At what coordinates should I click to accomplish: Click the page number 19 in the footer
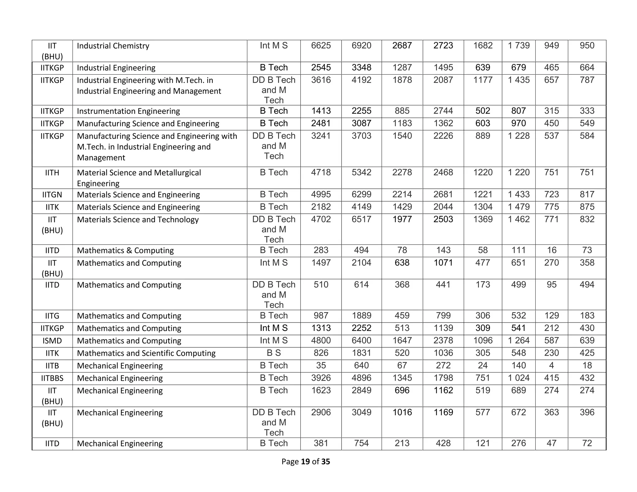click(305, 462)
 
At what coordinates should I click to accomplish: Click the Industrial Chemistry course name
click(113, 46)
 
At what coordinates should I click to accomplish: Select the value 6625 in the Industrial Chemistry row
click(321, 46)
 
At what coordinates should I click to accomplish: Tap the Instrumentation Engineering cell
click(128, 111)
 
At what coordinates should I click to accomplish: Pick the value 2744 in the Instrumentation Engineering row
click(443, 111)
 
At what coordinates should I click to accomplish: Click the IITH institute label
click(52, 173)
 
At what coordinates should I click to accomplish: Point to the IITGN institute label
click(52, 195)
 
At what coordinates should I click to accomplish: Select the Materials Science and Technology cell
click(137, 220)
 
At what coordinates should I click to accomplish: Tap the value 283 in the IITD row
click(321, 250)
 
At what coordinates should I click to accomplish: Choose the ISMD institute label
click(52, 341)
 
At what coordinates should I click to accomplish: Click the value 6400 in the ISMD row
click(361, 341)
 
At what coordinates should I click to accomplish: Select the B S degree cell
click(273, 353)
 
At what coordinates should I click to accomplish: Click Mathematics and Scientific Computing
click(146, 353)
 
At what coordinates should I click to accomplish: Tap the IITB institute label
click(52, 366)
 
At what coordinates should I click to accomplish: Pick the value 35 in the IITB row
click(321, 365)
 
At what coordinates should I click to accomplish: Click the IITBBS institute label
click(52, 378)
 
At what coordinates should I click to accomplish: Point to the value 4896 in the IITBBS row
click(361, 378)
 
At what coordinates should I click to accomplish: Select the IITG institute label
click(52, 316)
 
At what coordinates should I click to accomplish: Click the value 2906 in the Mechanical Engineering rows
click(321, 412)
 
